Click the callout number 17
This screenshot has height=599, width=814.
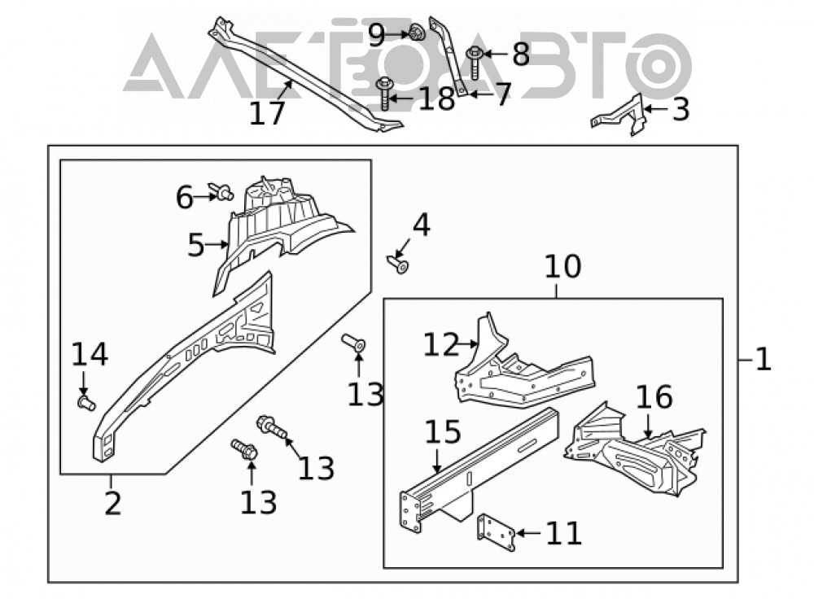267,113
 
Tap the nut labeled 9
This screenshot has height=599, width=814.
416,33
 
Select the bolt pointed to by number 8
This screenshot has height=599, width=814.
474,63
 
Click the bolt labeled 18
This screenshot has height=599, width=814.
384,93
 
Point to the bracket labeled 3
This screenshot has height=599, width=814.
619,115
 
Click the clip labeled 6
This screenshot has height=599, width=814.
221,191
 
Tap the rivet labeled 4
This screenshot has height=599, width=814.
399,265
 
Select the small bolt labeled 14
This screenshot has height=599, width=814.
86,402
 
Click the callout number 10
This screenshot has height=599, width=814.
562,267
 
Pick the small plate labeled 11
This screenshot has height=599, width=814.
496,532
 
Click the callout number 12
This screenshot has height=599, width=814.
441,344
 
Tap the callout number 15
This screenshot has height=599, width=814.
443,432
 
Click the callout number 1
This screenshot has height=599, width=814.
764,359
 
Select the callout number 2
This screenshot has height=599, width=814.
112,503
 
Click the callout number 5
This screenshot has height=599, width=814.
195,245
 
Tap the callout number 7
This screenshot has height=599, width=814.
502,94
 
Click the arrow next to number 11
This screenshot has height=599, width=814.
528,532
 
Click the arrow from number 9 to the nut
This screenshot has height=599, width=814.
398,34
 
